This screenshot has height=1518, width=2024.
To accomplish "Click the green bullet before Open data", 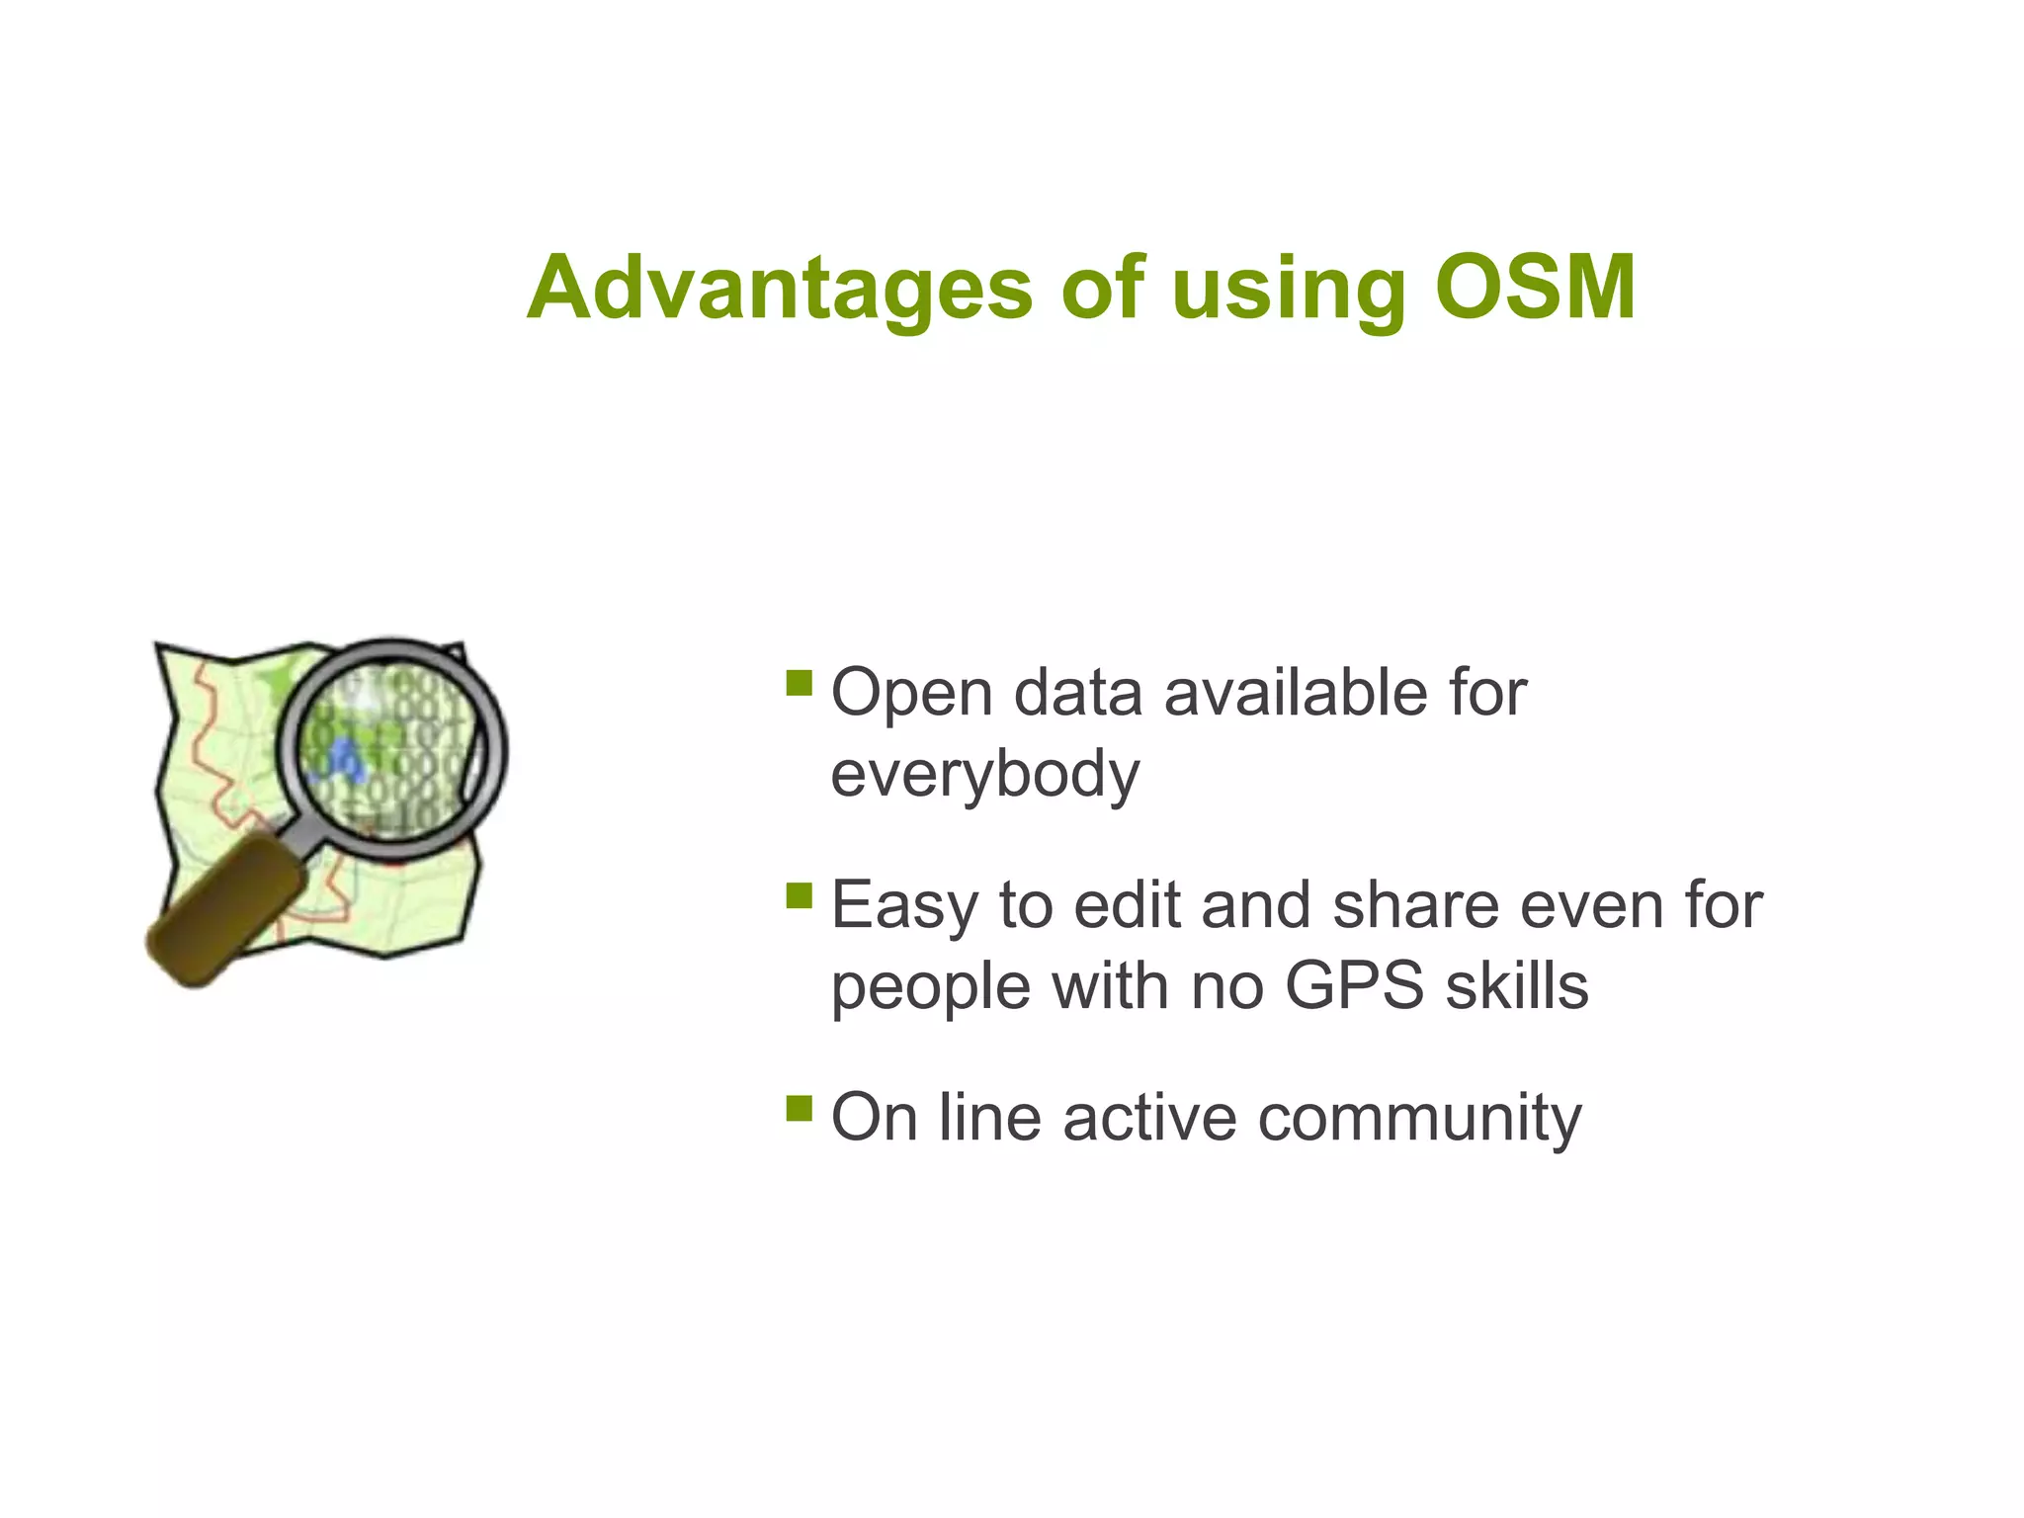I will point(799,684).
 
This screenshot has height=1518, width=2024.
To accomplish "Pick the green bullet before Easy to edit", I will point(799,895).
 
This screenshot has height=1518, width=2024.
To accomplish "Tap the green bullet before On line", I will point(799,1108).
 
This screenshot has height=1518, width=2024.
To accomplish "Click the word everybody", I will point(984,775).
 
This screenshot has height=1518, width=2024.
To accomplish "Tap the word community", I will point(1419,1118).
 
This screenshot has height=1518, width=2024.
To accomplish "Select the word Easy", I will point(905,906).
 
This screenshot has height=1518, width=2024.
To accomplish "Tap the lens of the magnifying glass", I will point(390,748).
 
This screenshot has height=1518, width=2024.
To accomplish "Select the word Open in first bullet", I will point(911,694).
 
